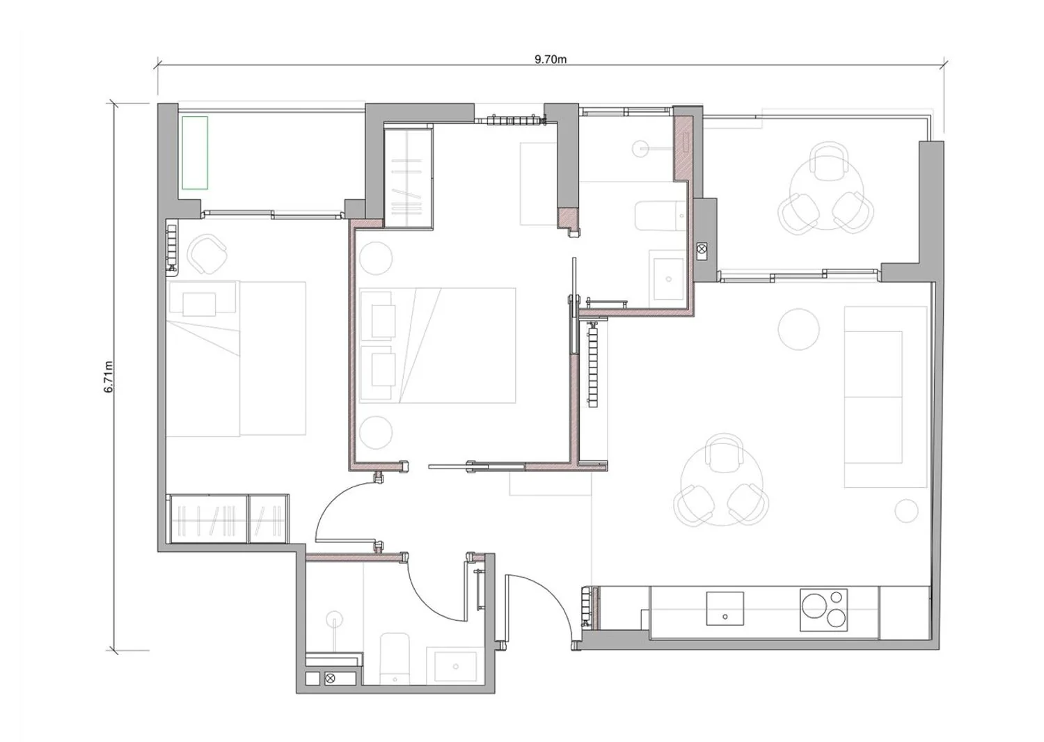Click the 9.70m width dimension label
(x=550, y=59)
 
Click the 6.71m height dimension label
(x=109, y=376)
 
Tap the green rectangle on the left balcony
(x=195, y=153)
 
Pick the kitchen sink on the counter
(x=725, y=608)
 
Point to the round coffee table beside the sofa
(x=798, y=329)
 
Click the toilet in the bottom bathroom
(x=395, y=659)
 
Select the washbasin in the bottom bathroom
(x=455, y=667)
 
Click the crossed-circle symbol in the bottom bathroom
(x=330, y=678)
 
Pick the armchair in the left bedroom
(x=207, y=254)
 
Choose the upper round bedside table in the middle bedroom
(x=376, y=258)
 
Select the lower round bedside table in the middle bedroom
(x=376, y=433)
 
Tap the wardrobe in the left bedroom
(x=229, y=519)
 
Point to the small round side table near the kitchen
(x=906, y=510)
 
